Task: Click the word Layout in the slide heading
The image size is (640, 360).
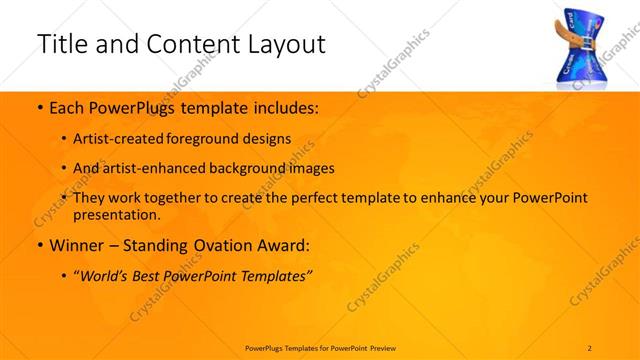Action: [279, 44]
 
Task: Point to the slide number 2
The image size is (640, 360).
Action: [591, 346]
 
